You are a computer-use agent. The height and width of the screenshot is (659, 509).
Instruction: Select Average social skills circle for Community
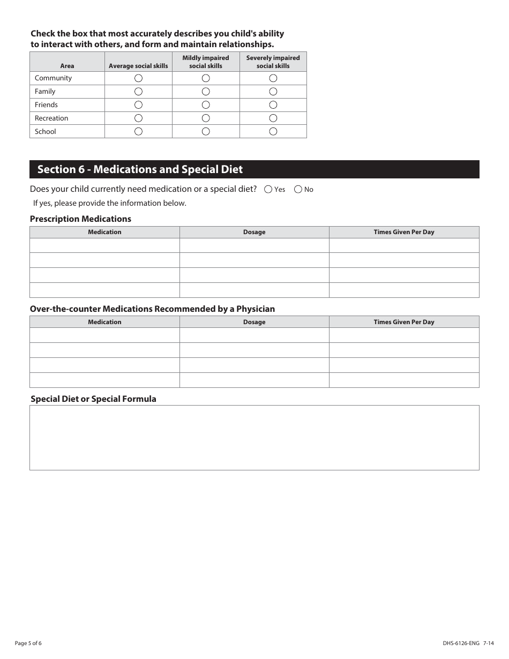pos(138,78)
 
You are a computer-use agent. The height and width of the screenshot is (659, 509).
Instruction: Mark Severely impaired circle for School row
pos(273,131)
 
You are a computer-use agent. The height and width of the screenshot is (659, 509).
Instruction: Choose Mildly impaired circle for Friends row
pos(206,105)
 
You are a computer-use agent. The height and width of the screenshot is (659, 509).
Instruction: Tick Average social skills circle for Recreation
pos(138,118)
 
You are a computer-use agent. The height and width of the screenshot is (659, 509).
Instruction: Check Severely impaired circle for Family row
pos(273,92)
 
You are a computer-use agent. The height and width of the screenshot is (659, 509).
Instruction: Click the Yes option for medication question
pos(268,189)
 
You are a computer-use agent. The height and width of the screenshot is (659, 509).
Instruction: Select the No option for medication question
pos(298,189)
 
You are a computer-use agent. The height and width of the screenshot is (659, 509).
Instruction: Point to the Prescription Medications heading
pos(80,219)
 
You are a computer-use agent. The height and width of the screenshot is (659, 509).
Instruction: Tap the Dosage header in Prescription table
pos(254,232)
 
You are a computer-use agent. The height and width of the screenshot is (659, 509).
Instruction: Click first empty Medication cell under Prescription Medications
pos(104,245)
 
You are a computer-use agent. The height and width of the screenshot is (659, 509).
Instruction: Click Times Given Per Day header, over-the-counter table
pos(404,322)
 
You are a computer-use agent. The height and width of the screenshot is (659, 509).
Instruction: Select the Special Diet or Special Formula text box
pos(254,437)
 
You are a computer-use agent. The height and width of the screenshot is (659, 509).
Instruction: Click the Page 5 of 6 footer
pos(28,643)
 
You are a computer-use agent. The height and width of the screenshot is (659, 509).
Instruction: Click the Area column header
pos(67,66)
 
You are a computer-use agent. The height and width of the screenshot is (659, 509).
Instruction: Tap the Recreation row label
pos(51,118)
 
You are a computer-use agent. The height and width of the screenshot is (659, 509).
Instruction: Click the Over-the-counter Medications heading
pos(152,309)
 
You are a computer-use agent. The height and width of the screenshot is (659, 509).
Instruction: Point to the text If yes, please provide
pos(110,203)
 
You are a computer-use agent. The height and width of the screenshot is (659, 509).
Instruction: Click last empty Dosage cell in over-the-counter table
pos(254,380)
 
